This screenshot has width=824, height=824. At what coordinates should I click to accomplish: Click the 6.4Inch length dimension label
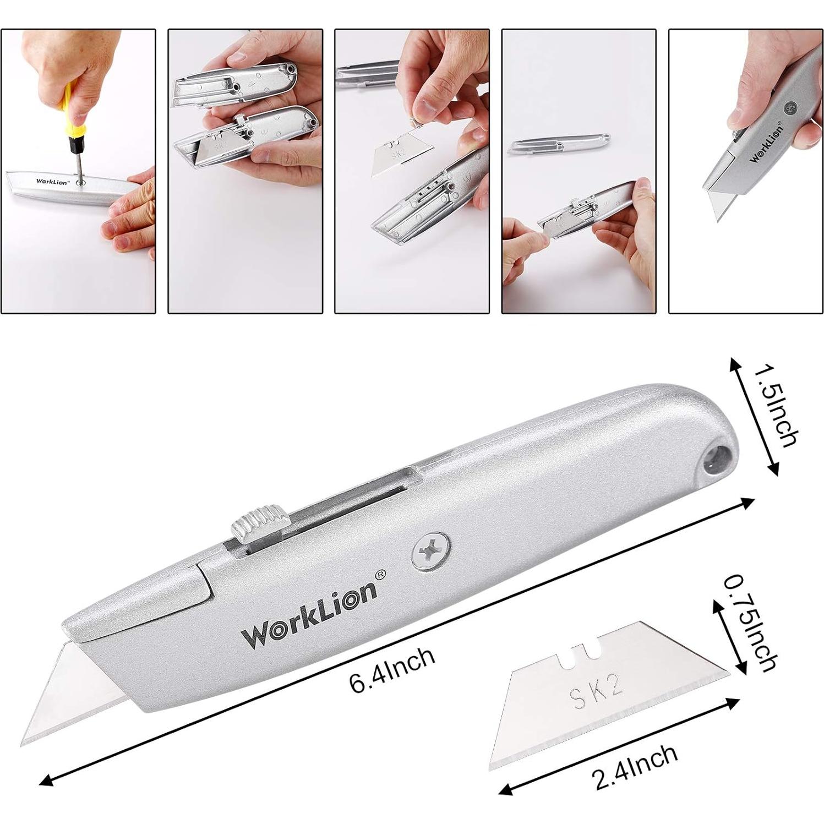392,670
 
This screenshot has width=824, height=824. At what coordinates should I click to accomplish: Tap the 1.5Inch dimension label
774,406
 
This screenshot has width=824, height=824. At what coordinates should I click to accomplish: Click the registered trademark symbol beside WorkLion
380,574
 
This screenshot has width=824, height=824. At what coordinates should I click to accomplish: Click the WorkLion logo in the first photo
53,181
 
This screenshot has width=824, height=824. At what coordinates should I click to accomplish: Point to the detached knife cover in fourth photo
559,144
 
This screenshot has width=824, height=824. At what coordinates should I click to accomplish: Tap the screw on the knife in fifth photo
790,109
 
